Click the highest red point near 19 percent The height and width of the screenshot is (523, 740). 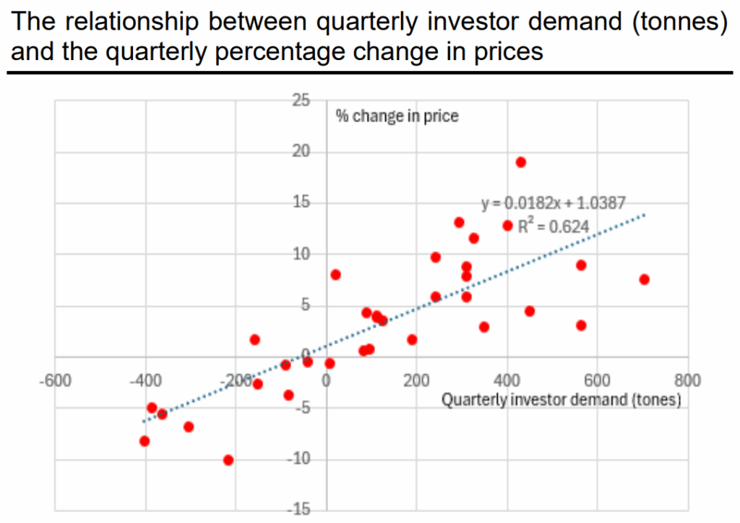pos(520,162)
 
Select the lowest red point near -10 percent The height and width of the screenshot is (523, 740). pos(228,460)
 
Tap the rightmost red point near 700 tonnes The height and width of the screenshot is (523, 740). pos(644,279)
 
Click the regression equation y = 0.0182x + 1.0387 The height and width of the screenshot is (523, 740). pos(554,203)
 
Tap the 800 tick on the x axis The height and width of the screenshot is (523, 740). pos(687,380)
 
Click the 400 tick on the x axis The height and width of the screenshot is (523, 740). pos(507,380)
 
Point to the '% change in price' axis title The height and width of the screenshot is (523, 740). pos(397,116)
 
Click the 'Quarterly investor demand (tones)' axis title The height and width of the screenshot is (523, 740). pos(562,399)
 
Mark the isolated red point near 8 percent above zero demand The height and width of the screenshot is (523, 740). pos(335,275)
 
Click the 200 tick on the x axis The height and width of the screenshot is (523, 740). pos(417,380)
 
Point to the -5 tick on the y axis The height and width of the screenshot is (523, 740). pos(303,408)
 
